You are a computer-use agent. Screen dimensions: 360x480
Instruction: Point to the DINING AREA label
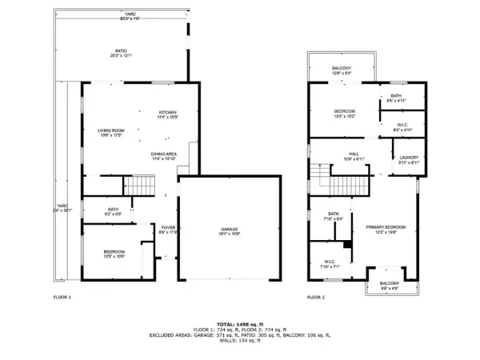pyautogui.click(x=164, y=155)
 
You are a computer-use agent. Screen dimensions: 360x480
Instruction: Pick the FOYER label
pyautogui.click(x=168, y=229)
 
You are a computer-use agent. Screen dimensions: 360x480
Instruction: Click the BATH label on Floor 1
pyautogui.click(x=113, y=211)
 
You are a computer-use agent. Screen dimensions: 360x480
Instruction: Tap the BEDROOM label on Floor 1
pyautogui.click(x=114, y=254)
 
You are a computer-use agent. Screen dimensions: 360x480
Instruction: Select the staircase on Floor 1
pyautogui.click(x=138, y=186)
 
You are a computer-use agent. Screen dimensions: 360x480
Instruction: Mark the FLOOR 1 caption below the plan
pyautogui.click(x=62, y=298)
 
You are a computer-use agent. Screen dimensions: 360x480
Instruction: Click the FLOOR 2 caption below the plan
pyautogui.click(x=315, y=298)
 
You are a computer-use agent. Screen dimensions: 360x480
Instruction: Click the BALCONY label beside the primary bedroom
pyautogui.click(x=389, y=286)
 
